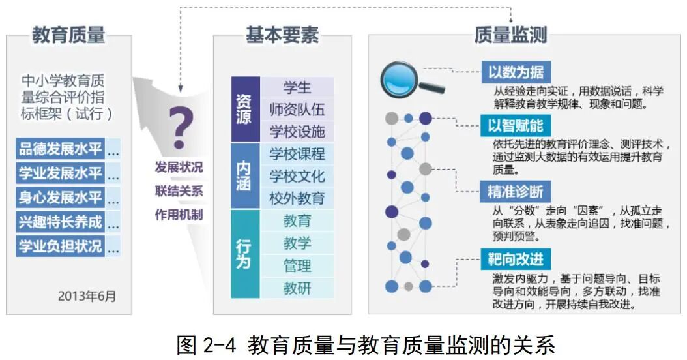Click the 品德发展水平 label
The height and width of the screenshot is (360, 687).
coord(61,149)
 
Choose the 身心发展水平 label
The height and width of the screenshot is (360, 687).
coord(61,198)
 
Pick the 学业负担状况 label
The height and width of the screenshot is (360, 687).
coord(61,247)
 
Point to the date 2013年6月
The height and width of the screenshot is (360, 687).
coord(87,296)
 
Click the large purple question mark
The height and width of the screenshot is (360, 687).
coord(181,128)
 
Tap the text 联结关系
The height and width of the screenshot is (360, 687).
coord(179,191)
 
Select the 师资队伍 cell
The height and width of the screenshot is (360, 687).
coord(297,109)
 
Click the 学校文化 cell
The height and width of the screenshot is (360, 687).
coord(297,175)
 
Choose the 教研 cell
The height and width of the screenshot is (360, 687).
coord(297,288)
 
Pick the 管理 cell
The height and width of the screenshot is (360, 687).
coord(297,265)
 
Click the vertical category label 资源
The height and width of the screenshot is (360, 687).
coord(244,109)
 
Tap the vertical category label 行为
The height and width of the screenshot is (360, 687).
coord(244,254)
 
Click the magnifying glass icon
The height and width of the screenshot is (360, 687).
coord(407,79)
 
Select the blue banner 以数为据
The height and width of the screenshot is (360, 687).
coord(516,71)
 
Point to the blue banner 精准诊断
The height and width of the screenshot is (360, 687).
coord(516,192)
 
